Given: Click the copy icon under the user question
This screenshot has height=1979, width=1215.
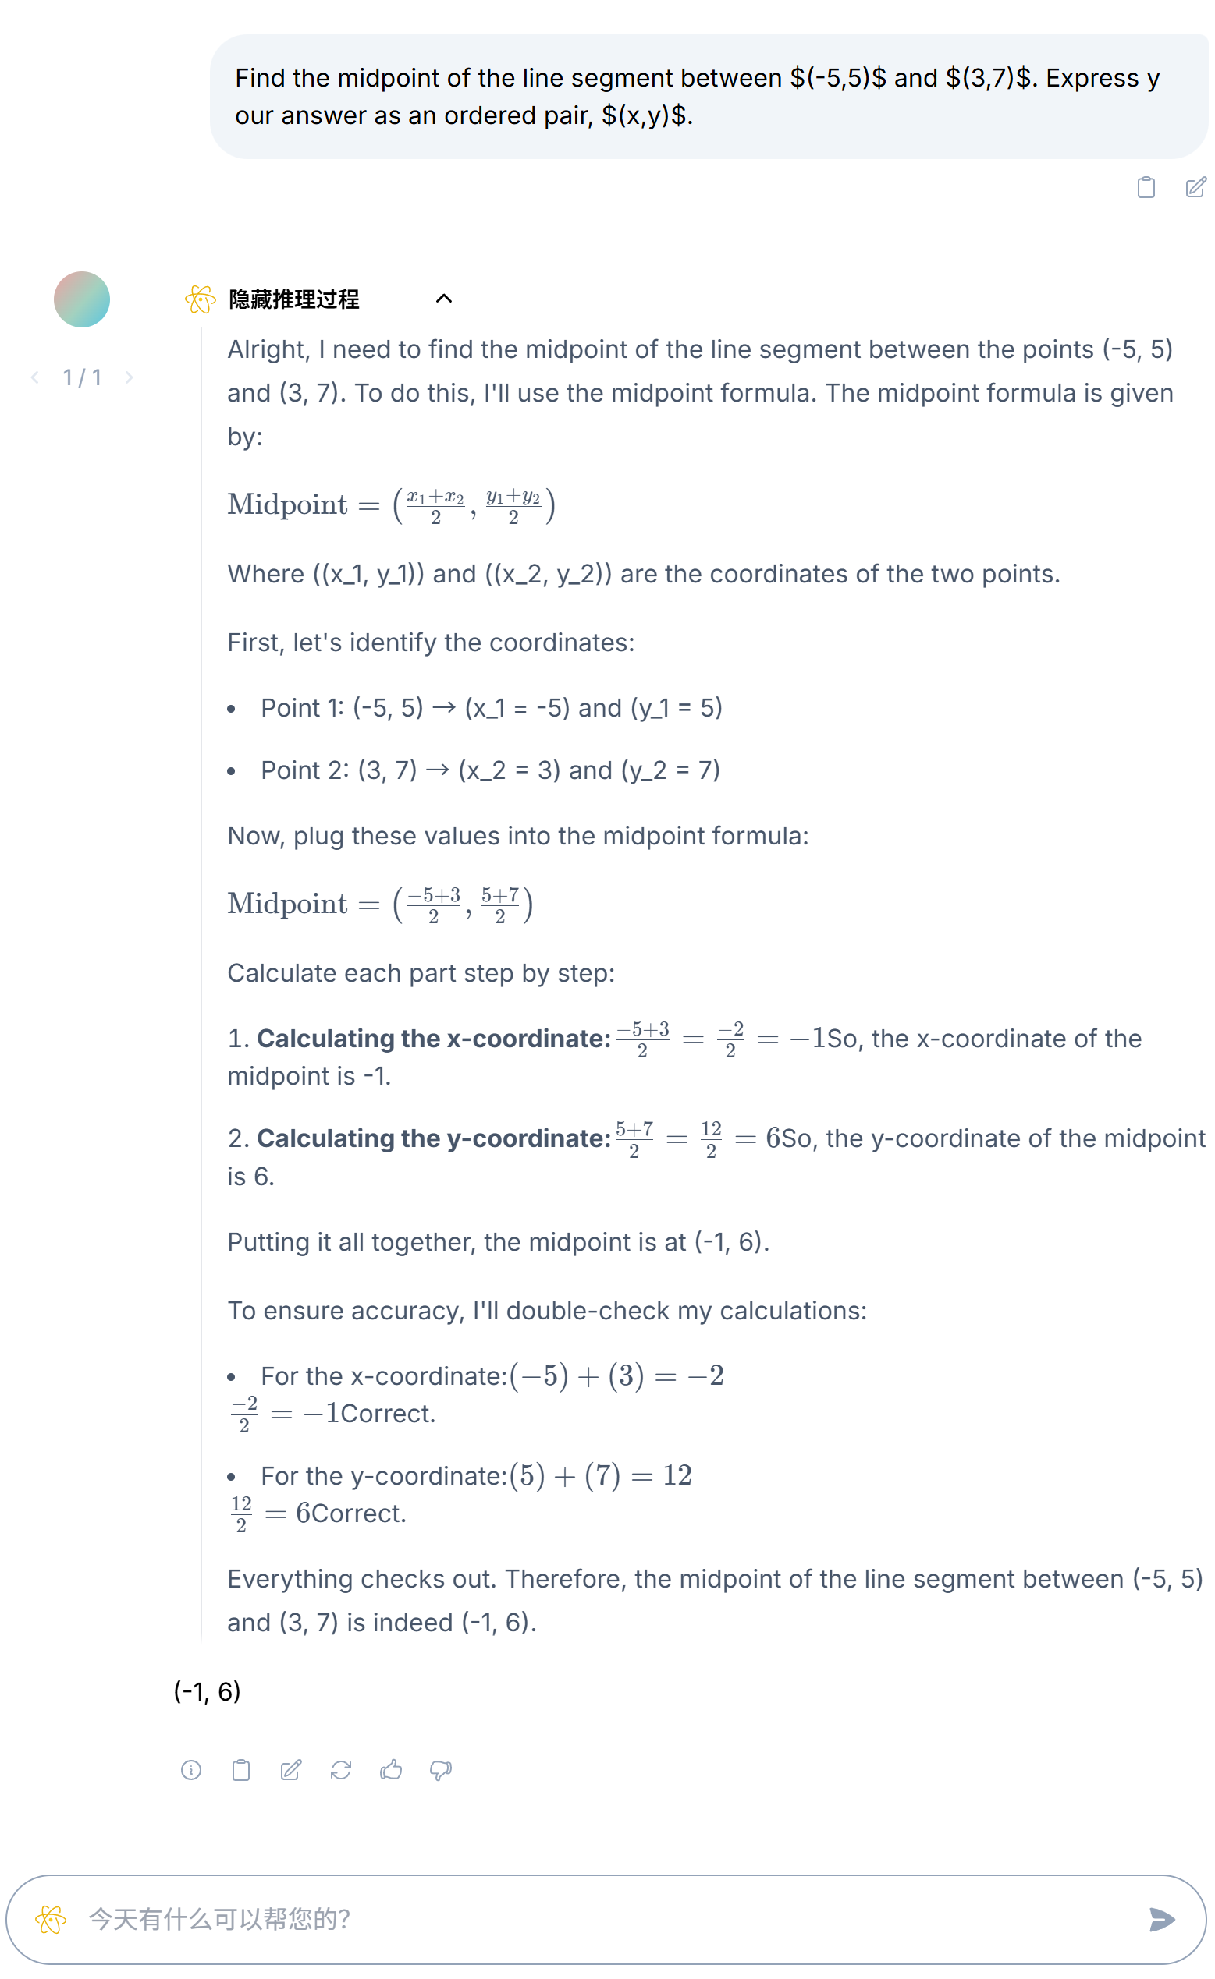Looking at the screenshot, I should pyautogui.click(x=1146, y=187).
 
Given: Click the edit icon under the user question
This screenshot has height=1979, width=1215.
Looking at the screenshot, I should pyautogui.click(x=1195, y=187).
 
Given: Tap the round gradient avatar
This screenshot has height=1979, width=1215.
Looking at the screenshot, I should pyautogui.click(x=82, y=299).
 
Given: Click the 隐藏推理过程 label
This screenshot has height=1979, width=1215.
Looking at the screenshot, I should pyautogui.click(x=293, y=299).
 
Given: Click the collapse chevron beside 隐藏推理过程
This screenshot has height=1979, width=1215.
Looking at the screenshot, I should pyautogui.click(x=443, y=299).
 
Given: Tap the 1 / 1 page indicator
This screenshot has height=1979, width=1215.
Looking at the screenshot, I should pyautogui.click(x=82, y=377).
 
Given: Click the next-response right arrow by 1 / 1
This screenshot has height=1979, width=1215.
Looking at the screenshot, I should pyautogui.click(x=129, y=377).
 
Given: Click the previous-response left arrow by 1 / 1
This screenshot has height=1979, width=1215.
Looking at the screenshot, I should pyautogui.click(x=35, y=377).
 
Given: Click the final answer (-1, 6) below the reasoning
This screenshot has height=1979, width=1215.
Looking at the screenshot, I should pyautogui.click(x=208, y=1691).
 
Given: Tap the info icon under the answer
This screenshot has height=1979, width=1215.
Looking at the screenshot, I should pyautogui.click(x=191, y=1770).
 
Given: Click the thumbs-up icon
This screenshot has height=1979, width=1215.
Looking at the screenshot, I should pyautogui.click(x=390, y=1770).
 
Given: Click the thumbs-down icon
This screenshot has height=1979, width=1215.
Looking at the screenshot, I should pyautogui.click(x=440, y=1770).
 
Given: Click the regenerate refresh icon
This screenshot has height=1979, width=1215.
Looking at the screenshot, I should pyautogui.click(x=341, y=1770).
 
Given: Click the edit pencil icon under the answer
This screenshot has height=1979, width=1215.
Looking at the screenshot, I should pyautogui.click(x=291, y=1770).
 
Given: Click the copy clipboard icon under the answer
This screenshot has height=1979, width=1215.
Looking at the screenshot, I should pyautogui.click(x=241, y=1770).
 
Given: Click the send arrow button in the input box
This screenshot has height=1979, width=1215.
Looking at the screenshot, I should pyautogui.click(x=1161, y=1920).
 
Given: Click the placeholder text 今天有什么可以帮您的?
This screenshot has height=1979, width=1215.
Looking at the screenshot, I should pyautogui.click(x=218, y=1920).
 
